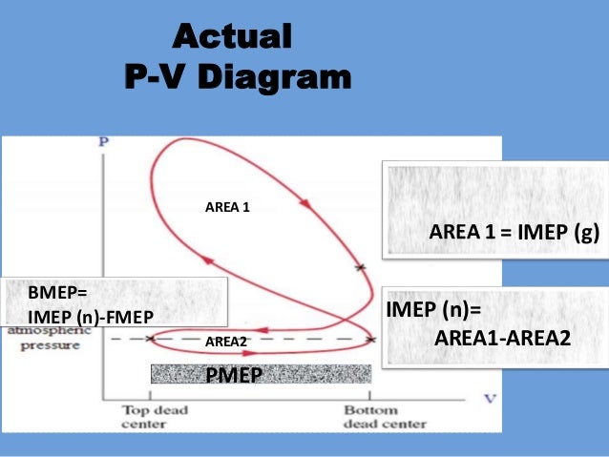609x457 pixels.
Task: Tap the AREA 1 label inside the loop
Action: click(228, 205)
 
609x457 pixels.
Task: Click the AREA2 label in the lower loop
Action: click(226, 341)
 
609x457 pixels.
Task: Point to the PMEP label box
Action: click(233, 374)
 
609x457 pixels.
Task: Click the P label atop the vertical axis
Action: click(102, 141)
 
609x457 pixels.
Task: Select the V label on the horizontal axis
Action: click(490, 398)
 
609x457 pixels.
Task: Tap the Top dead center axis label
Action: click(155, 417)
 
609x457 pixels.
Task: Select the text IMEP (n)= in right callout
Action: click(433, 310)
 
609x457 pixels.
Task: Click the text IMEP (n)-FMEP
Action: click(90, 314)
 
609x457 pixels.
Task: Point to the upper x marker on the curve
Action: click(360, 268)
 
